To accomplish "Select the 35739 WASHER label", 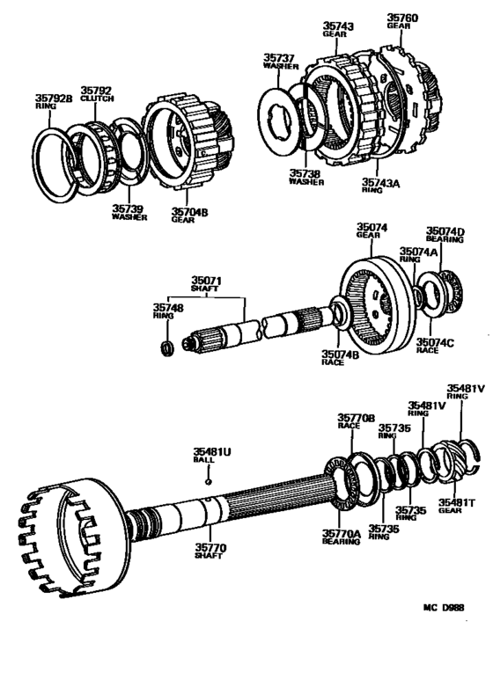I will [x=129, y=211].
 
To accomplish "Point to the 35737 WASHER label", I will [x=280, y=63].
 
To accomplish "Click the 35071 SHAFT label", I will [x=208, y=288].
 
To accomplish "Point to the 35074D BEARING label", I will [x=445, y=234].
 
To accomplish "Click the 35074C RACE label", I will [x=434, y=344].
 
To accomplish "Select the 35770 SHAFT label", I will [x=212, y=552].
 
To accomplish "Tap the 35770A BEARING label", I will [x=341, y=537].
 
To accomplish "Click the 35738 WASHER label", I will [x=305, y=178].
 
